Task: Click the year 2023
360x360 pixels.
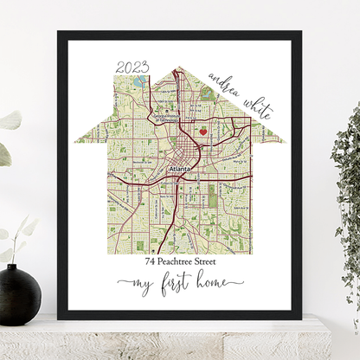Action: click(x=132, y=67)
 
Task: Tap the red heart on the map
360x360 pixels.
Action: click(x=203, y=132)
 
